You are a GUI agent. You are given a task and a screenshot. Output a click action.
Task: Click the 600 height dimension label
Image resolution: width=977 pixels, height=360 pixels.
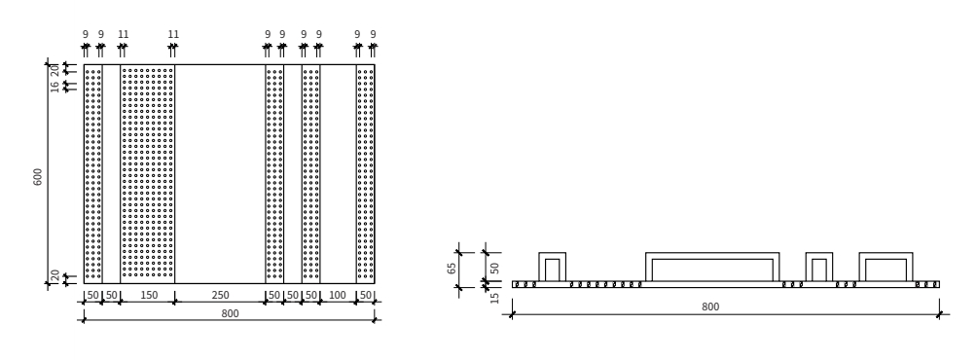(x=38, y=177)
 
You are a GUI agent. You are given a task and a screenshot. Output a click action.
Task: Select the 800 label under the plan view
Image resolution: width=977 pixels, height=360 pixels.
(x=230, y=314)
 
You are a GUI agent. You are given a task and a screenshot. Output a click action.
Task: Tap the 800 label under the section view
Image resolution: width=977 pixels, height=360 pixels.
(x=710, y=307)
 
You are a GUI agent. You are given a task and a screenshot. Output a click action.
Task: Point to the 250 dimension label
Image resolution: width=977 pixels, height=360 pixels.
(x=220, y=295)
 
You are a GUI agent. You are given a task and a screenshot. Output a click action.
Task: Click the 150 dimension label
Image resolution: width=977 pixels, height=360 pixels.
(x=149, y=295)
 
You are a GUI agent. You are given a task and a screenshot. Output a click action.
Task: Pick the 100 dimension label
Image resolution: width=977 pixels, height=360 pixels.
(x=337, y=295)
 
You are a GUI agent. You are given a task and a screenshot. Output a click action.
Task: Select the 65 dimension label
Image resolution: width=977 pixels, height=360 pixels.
(x=452, y=268)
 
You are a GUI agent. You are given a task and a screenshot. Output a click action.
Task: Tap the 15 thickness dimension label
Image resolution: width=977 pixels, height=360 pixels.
(x=495, y=298)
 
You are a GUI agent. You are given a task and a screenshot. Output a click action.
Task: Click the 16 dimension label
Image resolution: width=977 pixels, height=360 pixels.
(x=54, y=86)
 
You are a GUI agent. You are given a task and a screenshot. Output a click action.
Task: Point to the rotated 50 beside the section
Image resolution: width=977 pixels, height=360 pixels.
(x=495, y=268)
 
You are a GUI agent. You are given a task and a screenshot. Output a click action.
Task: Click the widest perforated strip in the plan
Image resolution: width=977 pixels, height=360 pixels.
(x=148, y=174)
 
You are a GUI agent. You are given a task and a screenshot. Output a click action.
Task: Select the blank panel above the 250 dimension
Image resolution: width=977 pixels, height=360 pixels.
(x=220, y=174)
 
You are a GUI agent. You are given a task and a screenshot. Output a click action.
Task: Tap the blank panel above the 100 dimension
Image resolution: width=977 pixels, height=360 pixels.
(x=339, y=174)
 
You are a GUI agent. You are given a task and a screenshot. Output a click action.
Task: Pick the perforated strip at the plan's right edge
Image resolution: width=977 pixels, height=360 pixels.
(x=366, y=174)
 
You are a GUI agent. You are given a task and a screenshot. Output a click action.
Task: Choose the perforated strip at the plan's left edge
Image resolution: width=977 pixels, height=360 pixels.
(x=92, y=174)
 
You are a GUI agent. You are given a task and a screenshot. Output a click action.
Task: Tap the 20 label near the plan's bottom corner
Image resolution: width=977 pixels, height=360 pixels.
(x=54, y=274)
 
